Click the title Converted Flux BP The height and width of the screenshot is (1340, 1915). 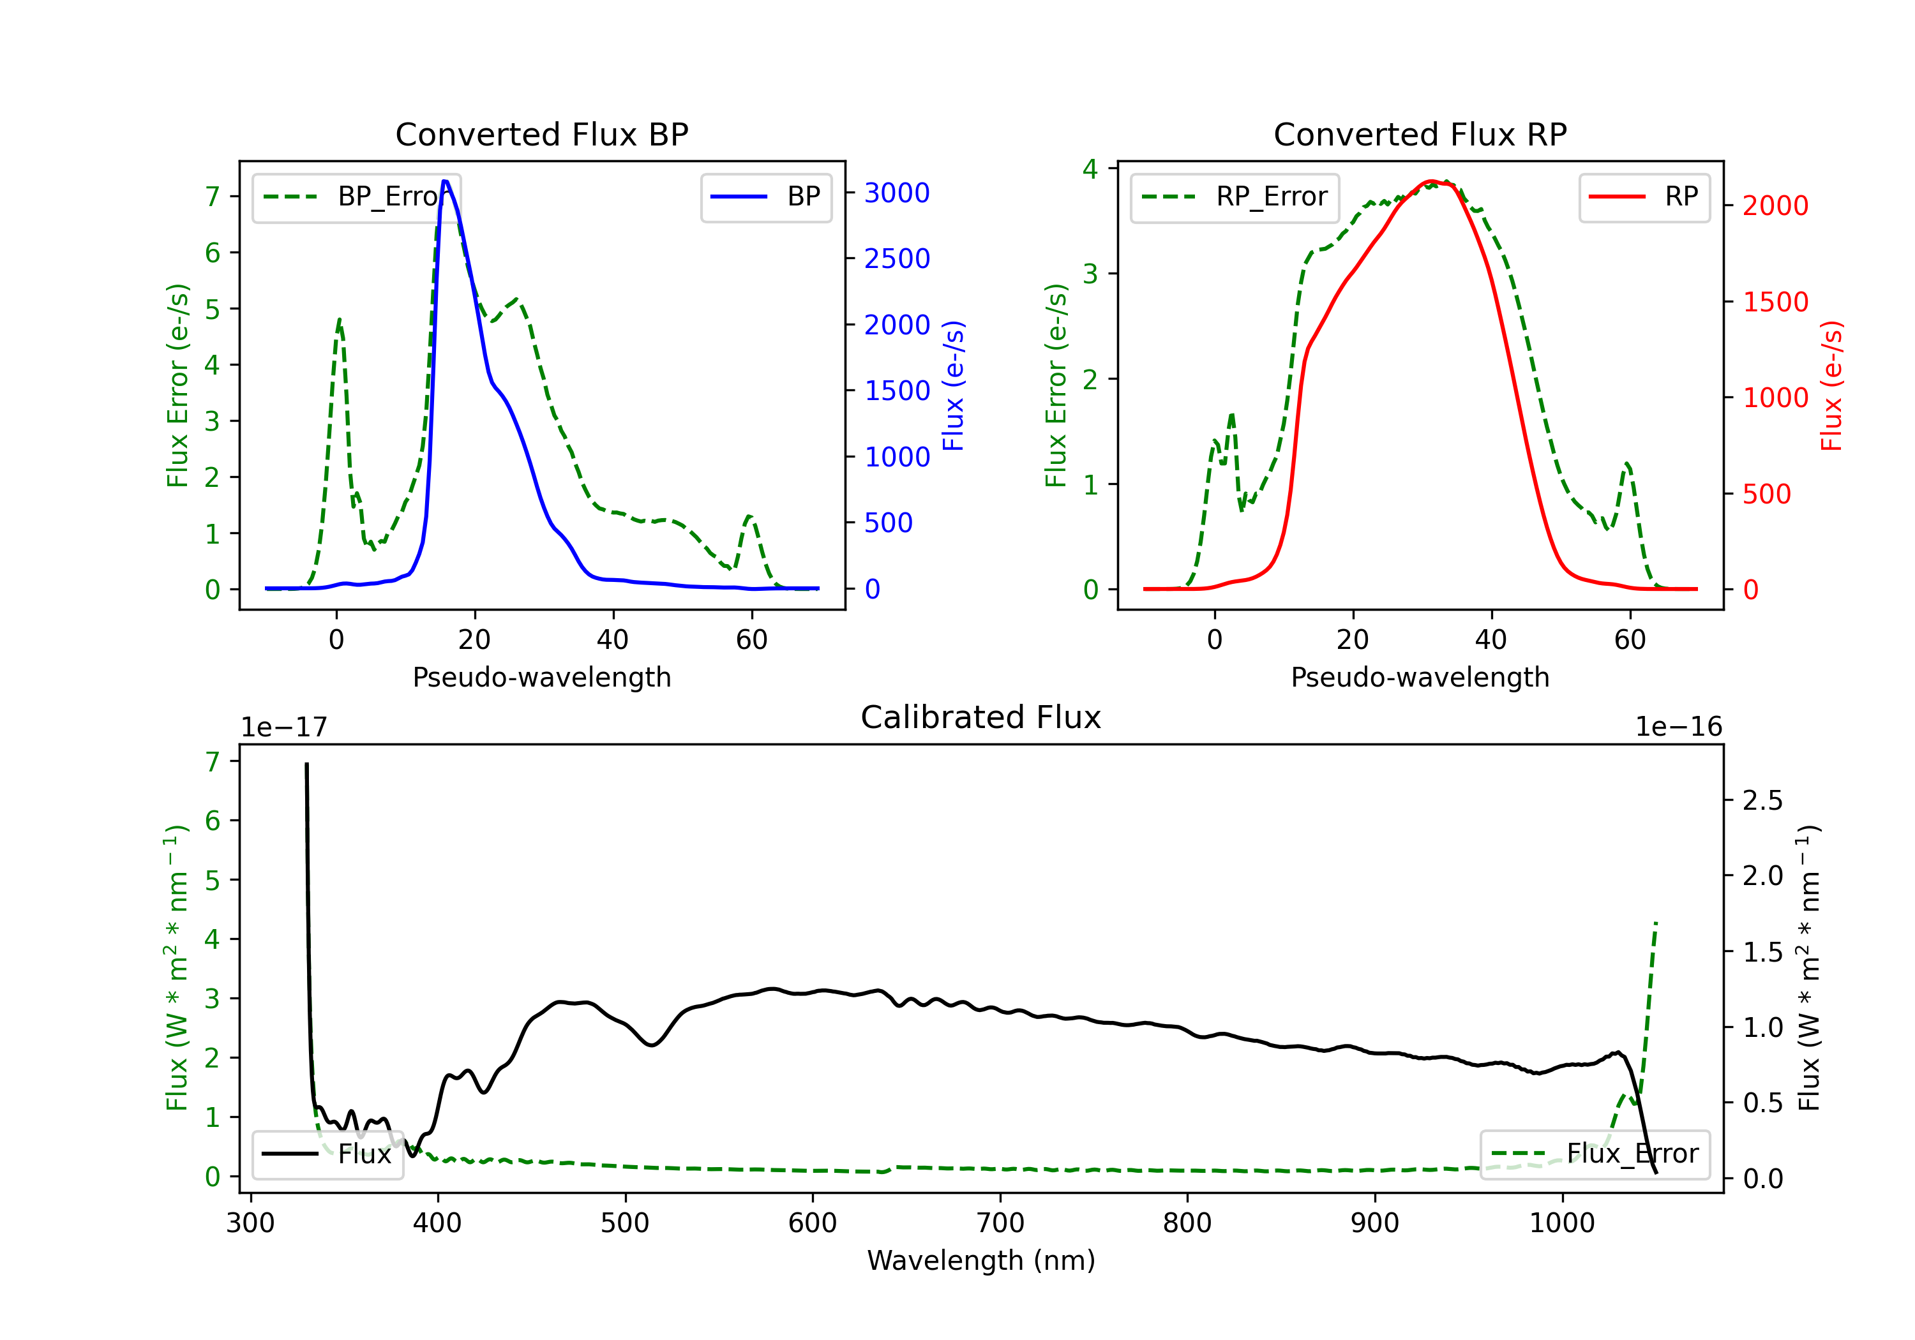click(541, 134)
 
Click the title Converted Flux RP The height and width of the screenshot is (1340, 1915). click(1420, 134)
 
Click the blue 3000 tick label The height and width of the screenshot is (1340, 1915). click(897, 193)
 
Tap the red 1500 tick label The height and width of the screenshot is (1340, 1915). click(1776, 302)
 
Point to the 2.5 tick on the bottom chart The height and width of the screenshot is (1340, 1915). click(1762, 801)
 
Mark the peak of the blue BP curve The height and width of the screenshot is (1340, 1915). click(446, 181)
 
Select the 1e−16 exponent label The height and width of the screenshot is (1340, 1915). click(1678, 727)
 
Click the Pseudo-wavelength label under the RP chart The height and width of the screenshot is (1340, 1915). click(1420, 677)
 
